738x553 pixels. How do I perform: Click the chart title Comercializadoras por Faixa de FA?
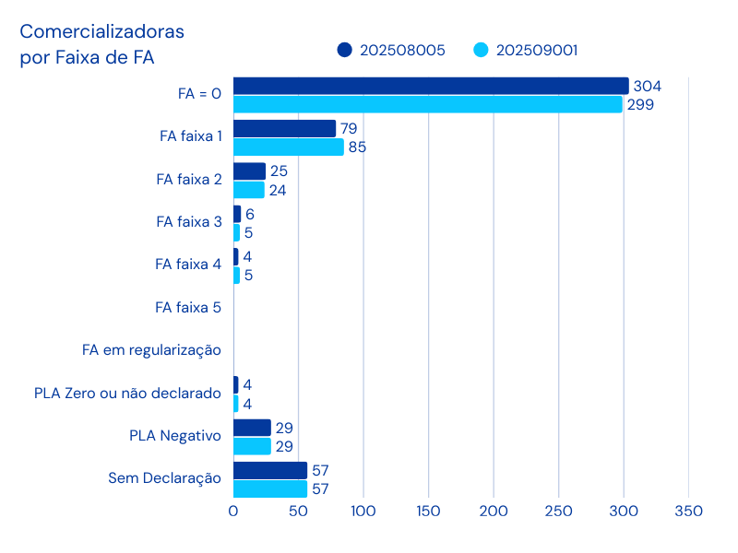coord(101,44)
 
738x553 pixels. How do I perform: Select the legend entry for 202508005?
coord(391,51)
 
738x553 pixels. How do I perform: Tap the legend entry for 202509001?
coord(526,51)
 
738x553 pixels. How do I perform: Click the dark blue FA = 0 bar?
coord(431,86)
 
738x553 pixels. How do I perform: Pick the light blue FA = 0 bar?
coord(428,104)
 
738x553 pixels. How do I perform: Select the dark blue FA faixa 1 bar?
coord(285,128)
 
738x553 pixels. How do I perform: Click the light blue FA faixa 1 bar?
coord(289,147)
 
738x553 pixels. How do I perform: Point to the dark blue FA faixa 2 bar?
coord(250,171)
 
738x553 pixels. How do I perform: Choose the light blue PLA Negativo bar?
coord(252,446)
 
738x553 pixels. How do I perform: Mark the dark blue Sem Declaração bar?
coord(270,471)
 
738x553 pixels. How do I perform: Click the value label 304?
coord(648,86)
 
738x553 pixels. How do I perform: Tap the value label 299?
coord(640,104)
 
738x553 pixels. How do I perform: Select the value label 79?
coord(349,128)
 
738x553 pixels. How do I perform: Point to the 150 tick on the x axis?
coord(428,511)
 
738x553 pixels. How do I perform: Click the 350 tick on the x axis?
coord(688,511)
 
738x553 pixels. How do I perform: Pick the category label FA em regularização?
coord(151,350)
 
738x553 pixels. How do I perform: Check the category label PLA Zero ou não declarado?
coord(127,394)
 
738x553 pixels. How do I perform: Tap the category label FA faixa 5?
coord(188,307)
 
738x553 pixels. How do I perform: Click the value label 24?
coord(278,191)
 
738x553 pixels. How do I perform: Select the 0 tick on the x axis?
coord(233,511)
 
